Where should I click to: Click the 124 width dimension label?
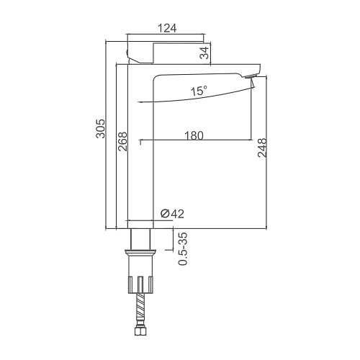click(167, 28)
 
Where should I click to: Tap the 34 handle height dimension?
click(204, 53)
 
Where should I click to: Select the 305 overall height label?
click(101, 129)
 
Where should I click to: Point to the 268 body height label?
click(122, 141)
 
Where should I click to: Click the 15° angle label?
click(199, 91)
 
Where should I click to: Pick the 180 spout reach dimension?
click(194, 135)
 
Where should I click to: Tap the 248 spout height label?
click(262, 148)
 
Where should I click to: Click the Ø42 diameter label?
click(172, 214)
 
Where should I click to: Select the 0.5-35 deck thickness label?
click(183, 248)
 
